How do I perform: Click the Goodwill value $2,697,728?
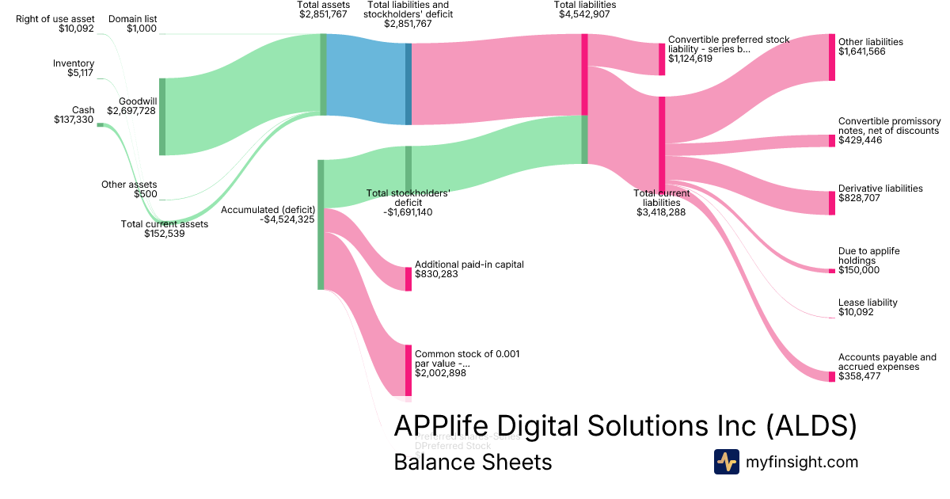(x=131, y=111)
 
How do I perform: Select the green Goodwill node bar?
(x=162, y=116)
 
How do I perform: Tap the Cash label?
(x=83, y=110)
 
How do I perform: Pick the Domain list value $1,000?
(x=142, y=29)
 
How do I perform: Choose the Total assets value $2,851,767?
(x=323, y=13)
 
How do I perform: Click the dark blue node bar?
(x=408, y=83)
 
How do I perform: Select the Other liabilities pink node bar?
(x=832, y=57)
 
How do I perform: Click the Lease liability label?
(x=868, y=303)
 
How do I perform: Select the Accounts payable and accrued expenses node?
(x=832, y=375)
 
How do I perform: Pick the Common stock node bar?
(x=408, y=370)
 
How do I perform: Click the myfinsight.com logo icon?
(x=726, y=462)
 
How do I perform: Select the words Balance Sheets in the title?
(x=473, y=462)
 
